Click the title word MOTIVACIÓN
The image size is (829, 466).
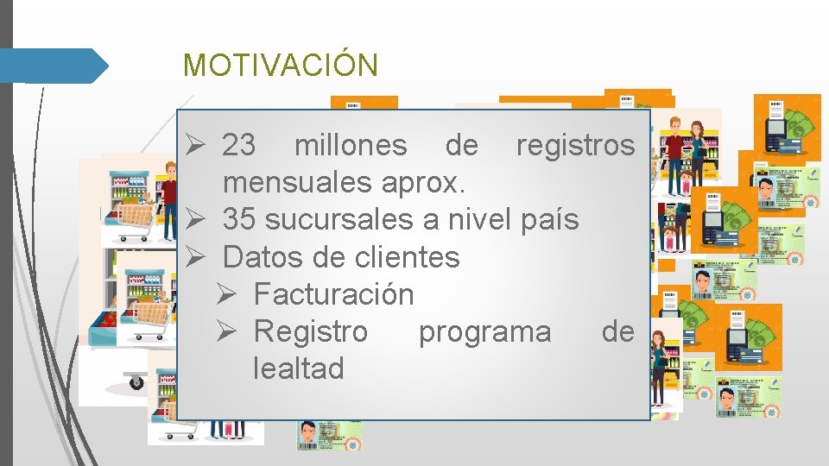tap(280, 66)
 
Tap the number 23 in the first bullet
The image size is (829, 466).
tap(238, 146)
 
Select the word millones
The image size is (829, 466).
tap(350, 146)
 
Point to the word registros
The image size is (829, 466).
tap(574, 146)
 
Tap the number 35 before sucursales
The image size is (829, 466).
tap(239, 220)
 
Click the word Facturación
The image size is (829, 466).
tap(333, 294)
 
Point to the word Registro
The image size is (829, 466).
tap(310, 331)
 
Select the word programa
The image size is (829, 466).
tap(484, 331)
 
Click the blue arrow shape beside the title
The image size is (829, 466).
tap(54, 66)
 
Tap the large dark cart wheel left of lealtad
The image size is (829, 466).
tap(136, 381)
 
